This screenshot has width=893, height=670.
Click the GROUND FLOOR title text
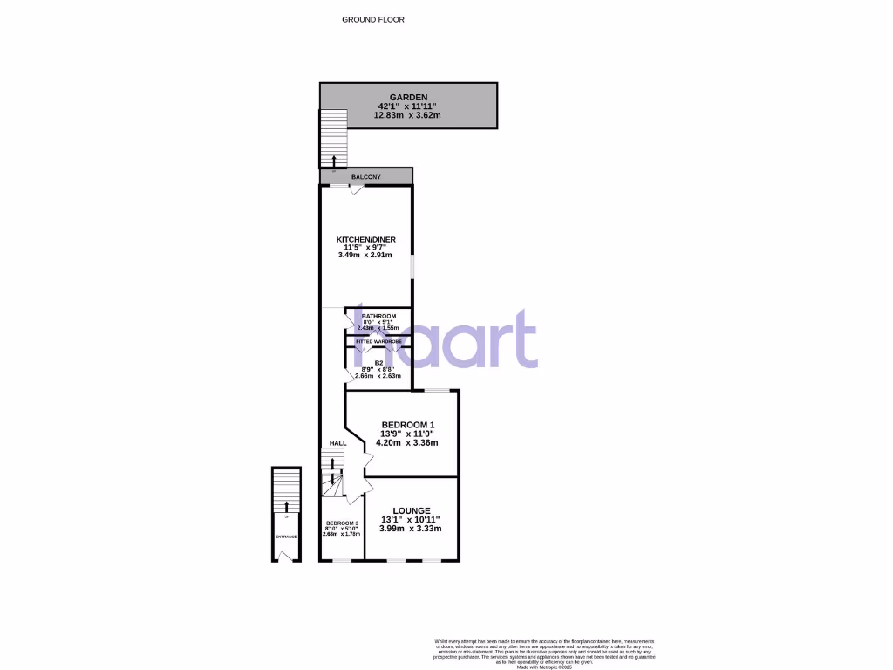click(x=372, y=19)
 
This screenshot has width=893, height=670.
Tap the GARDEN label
click(x=408, y=98)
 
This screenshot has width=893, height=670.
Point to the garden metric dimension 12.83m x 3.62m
click(x=408, y=115)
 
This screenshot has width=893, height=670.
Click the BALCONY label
click(x=365, y=177)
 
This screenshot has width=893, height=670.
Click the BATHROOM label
click(x=378, y=316)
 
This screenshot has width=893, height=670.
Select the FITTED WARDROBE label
click(x=378, y=341)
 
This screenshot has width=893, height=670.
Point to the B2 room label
click(x=379, y=362)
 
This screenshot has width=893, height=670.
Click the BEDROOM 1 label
click(x=407, y=425)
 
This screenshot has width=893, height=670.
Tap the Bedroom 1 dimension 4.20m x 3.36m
click(x=406, y=442)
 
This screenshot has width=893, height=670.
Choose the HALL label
click(x=337, y=443)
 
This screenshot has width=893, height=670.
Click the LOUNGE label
click(x=411, y=510)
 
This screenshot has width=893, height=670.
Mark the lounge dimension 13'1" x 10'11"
click(x=411, y=520)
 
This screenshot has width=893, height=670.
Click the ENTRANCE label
click(x=286, y=537)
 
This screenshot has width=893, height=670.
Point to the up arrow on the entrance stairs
click(x=286, y=508)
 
